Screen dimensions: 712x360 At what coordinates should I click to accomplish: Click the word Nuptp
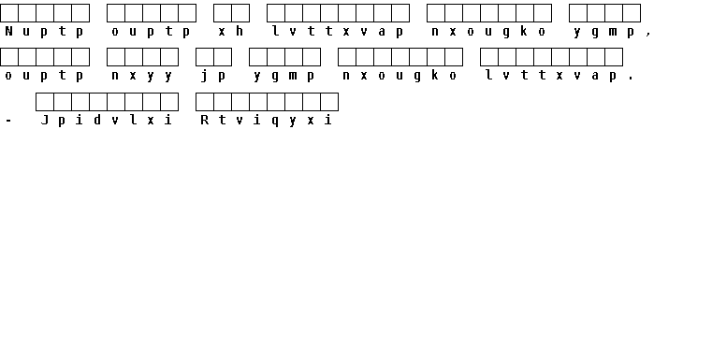coord(45,31)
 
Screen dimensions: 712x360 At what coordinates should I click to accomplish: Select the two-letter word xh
coord(231,31)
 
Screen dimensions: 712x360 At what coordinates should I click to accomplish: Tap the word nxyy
coord(142,76)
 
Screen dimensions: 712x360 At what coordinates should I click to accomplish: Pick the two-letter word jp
coord(213,76)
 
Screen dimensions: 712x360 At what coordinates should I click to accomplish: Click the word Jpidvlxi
coord(107,121)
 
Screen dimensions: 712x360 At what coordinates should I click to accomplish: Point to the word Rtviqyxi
coord(267,121)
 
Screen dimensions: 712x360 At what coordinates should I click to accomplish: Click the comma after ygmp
coord(648,33)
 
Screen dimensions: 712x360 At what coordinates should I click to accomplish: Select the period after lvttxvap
coord(631,79)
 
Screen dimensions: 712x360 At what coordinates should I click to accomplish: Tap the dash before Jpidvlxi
coord(8,122)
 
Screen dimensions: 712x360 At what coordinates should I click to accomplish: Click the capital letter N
coord(8,31)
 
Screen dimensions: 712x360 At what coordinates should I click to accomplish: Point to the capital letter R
coord(204,120)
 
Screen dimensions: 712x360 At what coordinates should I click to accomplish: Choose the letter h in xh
coord(240,31)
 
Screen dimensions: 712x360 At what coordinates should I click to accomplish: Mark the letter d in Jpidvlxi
coord(97,120)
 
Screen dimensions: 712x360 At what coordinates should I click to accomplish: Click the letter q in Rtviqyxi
coord(275,122)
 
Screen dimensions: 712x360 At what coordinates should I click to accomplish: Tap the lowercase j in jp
coord(204,76)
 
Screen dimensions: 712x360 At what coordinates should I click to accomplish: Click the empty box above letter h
coord(240,13)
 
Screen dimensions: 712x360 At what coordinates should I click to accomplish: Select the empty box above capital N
coord(9,13)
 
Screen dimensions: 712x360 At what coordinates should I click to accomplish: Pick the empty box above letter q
coord(276,102)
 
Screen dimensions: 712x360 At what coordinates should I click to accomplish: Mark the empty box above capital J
coord(45,102)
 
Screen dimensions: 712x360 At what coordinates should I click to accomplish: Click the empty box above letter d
coord(98,102)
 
